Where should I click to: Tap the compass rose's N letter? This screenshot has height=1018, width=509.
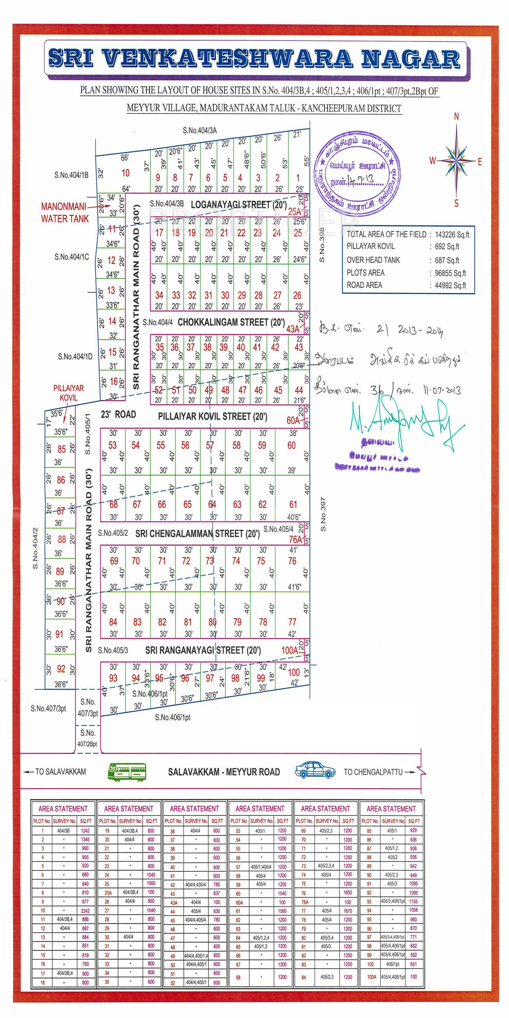pyautogui.click(x=456, y=117)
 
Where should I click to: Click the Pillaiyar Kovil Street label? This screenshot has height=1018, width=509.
pyautogui.click(x=211, y=416)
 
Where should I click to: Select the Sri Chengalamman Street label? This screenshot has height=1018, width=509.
pyautogui.click(x=198, y=534)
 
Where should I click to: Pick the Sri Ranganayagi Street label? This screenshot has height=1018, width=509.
pyautogui.click(x=203, y=650)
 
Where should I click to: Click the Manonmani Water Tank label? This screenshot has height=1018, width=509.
pyautogui.click(x=65, y=213)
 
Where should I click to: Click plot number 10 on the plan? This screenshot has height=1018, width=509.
pyautogui.click(x=126, y=173)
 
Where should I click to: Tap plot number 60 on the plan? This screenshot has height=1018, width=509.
pyautogui.click(x=291, y=445)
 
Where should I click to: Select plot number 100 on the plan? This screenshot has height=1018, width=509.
pyautogui.click(x=293, y=672)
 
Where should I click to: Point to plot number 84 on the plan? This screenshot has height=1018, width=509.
pyautogui.click(x=113, y=622)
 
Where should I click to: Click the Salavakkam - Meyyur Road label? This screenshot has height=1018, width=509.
pyautogui.click(x=224, y=772)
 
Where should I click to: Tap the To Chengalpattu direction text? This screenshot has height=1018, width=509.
pyautogui.click(x=373, y=772)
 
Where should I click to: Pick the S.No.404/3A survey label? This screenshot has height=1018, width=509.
pyautogui.click(x=200, y=131)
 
